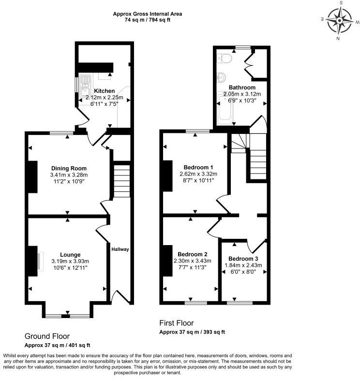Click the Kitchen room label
105,91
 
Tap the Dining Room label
68,168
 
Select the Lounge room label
70,255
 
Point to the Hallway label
120,249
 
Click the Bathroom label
242,87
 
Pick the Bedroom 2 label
192,254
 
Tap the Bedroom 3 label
243,258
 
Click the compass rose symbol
340,20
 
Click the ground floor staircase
122,181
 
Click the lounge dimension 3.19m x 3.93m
70,262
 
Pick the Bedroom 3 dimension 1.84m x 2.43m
243,265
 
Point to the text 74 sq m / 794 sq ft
148,20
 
